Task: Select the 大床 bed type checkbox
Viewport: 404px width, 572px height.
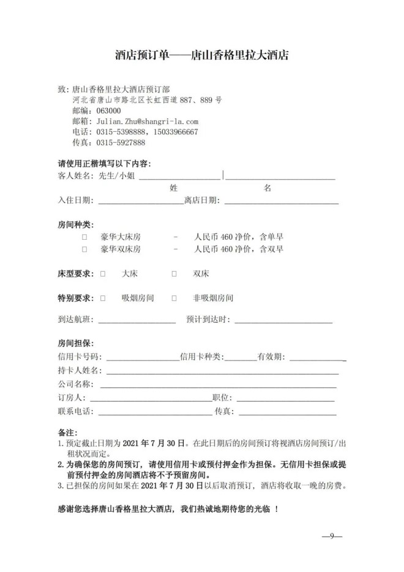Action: click(103, 273)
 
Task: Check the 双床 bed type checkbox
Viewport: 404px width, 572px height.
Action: click(174, 273)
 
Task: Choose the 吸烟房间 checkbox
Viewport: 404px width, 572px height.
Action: click(103, 298)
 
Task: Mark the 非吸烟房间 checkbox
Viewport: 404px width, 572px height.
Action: click(174, 298)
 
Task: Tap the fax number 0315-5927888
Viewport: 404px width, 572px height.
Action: click(121, 142)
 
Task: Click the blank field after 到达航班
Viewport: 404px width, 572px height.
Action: click(137, 320)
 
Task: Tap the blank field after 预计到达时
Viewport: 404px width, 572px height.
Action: click(283, 320)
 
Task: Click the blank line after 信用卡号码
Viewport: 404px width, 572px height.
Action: click(143, 357)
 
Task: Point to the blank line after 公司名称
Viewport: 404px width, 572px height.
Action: click(218, 385)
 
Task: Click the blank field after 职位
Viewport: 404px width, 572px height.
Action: click(285, 398)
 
